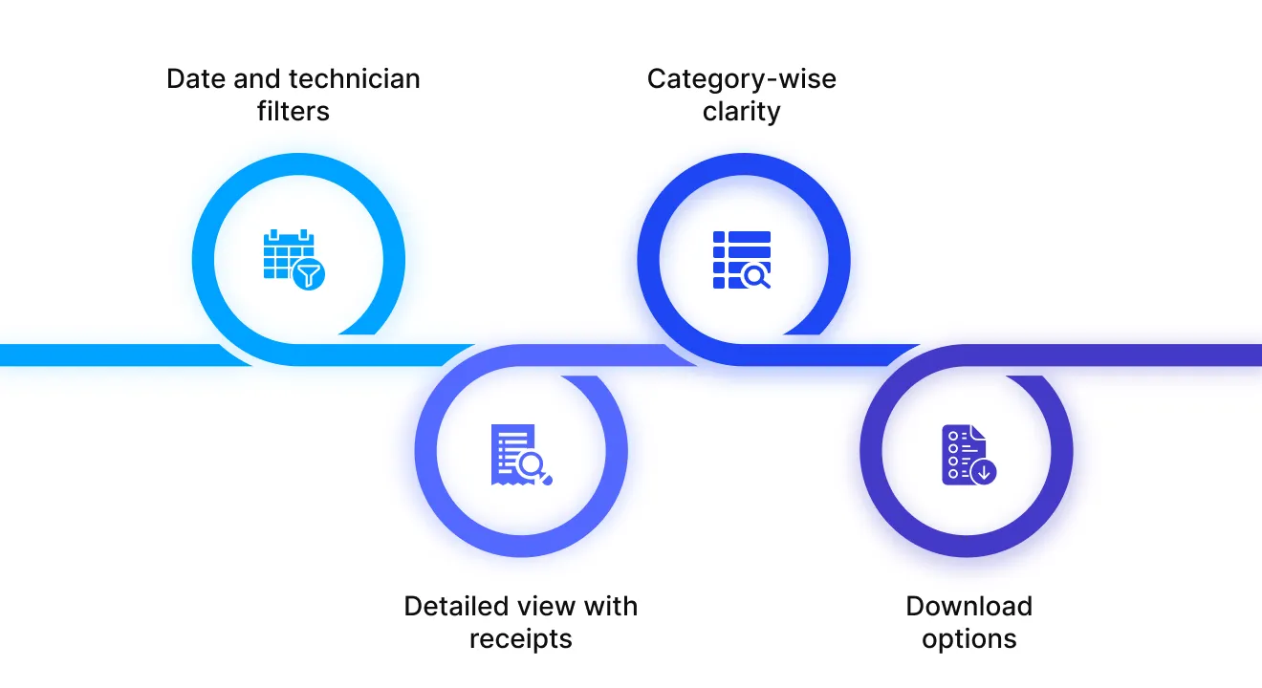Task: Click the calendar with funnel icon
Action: coord(294,259)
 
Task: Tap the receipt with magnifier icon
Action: coord(521,455)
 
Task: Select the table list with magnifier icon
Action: coord(742,259)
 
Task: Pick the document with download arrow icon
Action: coord(968,455)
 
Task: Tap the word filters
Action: coord(294,111)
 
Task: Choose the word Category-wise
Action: coord(742,78)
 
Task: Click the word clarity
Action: coord(742,111)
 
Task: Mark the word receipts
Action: coord(521,638)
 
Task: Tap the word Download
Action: coord(969,606)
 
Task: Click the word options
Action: coord(969,638)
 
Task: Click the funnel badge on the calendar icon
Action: coord(308,275)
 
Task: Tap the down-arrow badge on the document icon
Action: coord(983,470)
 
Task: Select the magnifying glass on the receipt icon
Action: coord(533,465)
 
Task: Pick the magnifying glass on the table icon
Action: coord(755,276)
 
